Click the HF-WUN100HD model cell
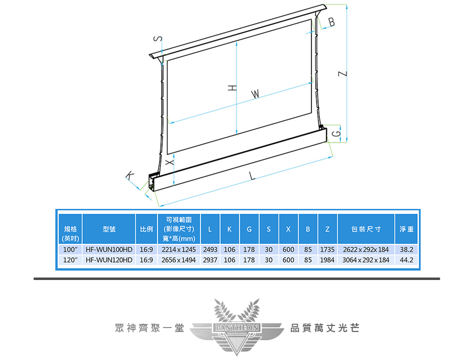tap(109, 249)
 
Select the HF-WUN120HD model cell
tap(109, 260)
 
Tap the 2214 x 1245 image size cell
tap(179, 249)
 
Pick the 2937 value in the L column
tap(210, 260)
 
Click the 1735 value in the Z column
tap(327, 249)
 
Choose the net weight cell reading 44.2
tap(407, 260)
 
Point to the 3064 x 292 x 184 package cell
tap(366, 260)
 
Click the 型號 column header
tap(109, 229)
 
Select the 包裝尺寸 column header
tap(366, 229)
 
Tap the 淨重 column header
tap(407, 229)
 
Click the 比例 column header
tap(147, 229)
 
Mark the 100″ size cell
tap(70, 249)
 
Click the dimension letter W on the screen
tap(255, 94)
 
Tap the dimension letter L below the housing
tap(252, 176)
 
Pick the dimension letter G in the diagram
tap(336, 133)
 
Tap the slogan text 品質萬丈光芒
tap(324, 328)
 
